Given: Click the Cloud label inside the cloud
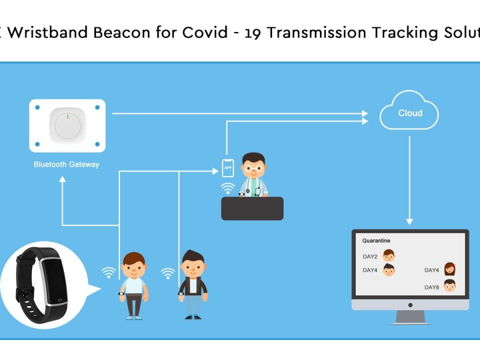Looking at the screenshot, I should pyautogui.click(x=410, y=113).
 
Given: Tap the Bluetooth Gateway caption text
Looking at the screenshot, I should pyautogui.click(x=66, y=164).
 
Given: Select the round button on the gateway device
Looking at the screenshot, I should pyautogui.click(x=67, y=125).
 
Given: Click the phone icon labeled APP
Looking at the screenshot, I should pyautogui.click(x=228, y=168).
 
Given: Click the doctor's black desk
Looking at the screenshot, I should pyautogui.click(x=252, y=208).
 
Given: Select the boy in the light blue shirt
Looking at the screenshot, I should pyautogui.click(x=133, y=285).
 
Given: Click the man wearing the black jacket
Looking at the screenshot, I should pyautogui.click(x=193, y=285).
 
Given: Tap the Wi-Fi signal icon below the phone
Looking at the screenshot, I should pyautogui.click(x=228, y=188).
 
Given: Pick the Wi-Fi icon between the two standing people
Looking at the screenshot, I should pyautogui.click(x=168, y=273).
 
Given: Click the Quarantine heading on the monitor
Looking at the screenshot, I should pyautogui.click(x=376, y=240).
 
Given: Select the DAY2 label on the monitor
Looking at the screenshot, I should pyautogui.click(x=370, y=256).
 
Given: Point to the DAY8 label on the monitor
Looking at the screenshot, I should pyautogui.click(x=431, y=287).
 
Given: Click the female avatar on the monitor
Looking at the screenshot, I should pyautogui.click(x=449, y=269).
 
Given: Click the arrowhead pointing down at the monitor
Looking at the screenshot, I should pyautogui.click(x=409, y=221).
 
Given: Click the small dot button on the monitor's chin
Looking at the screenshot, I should pyautogui.click(x=410, y=304).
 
